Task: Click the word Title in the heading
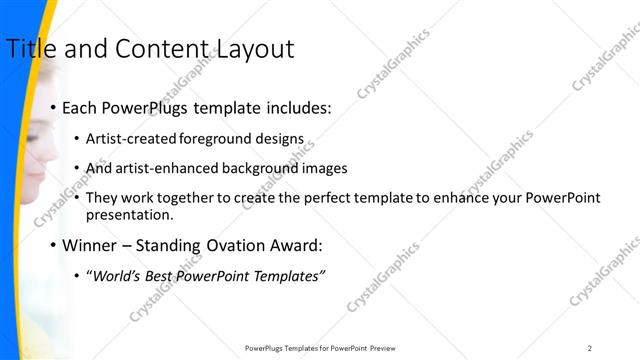(x=30, y=48)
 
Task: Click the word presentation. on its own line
(x=129, y=214)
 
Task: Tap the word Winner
(x=90, y=245)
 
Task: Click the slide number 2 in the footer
(x=590, y=347)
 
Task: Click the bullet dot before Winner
(x=53, y=245)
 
